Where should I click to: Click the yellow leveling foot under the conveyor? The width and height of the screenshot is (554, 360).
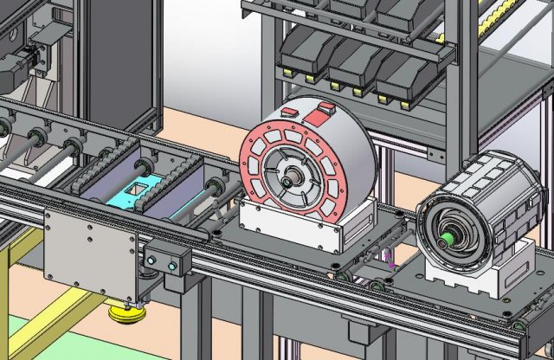pyautogui.click(x=126, y=313)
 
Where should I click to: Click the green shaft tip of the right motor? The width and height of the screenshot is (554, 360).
pyautogui.click(x=449, y=235)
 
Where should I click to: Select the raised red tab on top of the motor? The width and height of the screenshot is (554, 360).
pyautogui.click(x=325, y=110)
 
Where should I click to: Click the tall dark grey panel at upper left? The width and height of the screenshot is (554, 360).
pyautogui.click(x=121, y=52)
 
